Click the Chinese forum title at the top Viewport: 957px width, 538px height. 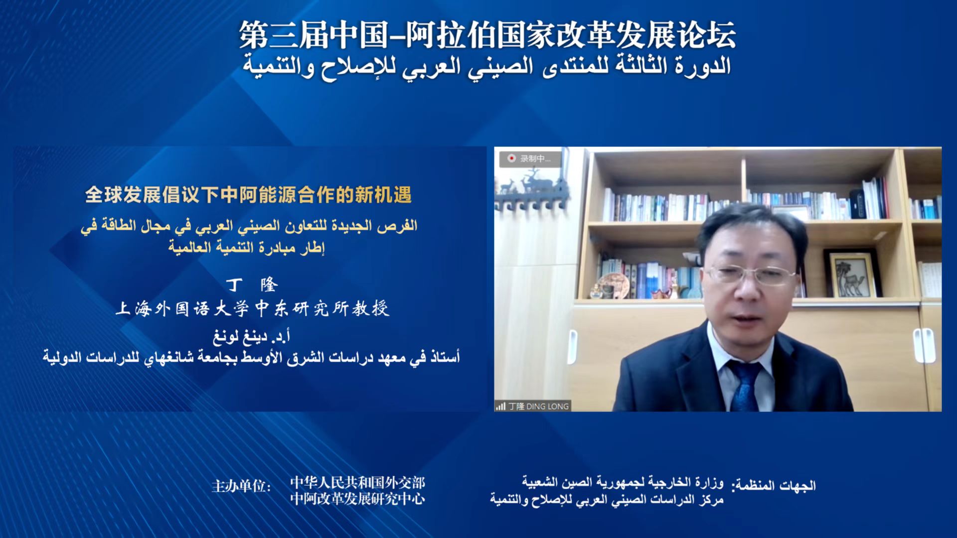(x=487, y=35)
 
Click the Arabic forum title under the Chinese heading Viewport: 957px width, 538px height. (x=487, y=67)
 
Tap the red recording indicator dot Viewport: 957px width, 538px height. (x=511, y=158)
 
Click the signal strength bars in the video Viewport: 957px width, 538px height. (x=500, y=406)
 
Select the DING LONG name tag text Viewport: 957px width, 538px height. (x=538, y=406)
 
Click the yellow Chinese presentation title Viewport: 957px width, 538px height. (x=248, y=195)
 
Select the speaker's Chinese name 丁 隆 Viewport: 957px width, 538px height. (x=252, y=284)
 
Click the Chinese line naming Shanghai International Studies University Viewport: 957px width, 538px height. (x=252, y=308)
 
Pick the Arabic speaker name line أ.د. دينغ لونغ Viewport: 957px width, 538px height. (x=252, y=337)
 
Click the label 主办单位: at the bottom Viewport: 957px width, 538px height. (x=241, y=486)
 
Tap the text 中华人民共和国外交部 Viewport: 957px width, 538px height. (x=357, y=482)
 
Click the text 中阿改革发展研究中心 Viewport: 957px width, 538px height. (x=357, y=499)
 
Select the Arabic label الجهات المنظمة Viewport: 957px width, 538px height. (x=774, y=485)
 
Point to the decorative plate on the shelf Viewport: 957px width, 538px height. (x=613, y=285)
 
